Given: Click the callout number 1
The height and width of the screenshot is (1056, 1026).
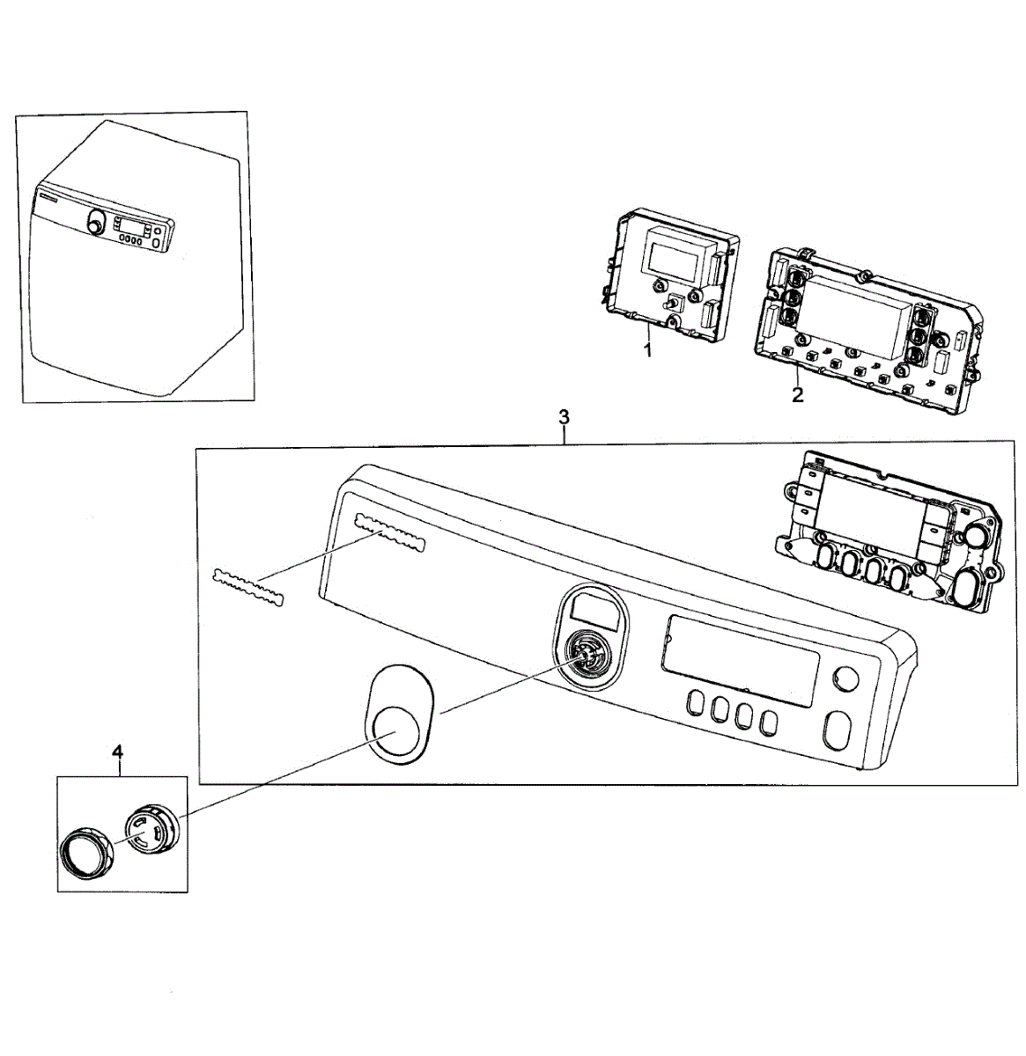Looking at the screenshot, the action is point(647,351).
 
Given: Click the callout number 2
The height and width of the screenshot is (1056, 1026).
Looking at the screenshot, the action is point(797,395).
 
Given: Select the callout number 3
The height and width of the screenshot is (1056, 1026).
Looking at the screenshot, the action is point(565,416).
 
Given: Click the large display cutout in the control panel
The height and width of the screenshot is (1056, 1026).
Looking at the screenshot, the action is point(742,660).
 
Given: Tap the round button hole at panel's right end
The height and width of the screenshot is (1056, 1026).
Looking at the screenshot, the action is point(845,679).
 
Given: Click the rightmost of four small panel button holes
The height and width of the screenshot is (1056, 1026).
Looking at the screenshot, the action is point(769,722).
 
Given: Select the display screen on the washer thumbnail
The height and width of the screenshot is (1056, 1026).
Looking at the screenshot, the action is point(130,224).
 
